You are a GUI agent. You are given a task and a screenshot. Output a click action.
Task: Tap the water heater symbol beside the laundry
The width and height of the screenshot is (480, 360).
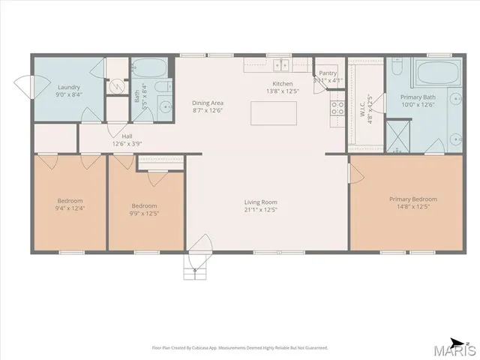(115, 85)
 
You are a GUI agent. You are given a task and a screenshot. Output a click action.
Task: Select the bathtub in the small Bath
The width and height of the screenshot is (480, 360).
(153, 70)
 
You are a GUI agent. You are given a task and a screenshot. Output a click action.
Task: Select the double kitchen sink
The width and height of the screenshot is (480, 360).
(281, 65)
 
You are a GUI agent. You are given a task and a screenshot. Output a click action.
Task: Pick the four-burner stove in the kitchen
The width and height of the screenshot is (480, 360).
(337, 107)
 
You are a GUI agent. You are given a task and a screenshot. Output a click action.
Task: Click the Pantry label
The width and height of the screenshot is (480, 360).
(328, 73)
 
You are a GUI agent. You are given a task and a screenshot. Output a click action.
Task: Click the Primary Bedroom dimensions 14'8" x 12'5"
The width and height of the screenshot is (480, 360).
(412, 208)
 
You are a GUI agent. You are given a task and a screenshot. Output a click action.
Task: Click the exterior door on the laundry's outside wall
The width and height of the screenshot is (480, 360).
(25, 88)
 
